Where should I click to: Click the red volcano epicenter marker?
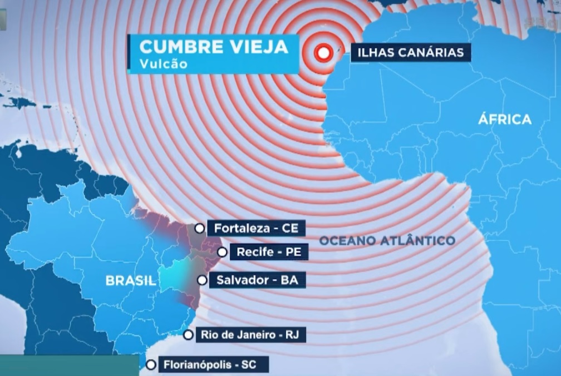(322, 53)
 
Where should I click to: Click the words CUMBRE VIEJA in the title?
(213, 46)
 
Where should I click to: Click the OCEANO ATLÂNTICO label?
(387, 240)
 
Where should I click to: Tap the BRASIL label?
(131, 281)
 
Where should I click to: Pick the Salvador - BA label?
(257, 280)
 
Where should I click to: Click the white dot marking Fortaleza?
(199, 227)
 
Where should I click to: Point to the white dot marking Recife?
(222, 252)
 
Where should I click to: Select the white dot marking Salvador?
(202, 280)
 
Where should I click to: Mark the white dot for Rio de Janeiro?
(189, 335)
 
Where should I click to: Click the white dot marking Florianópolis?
(151, 365)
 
